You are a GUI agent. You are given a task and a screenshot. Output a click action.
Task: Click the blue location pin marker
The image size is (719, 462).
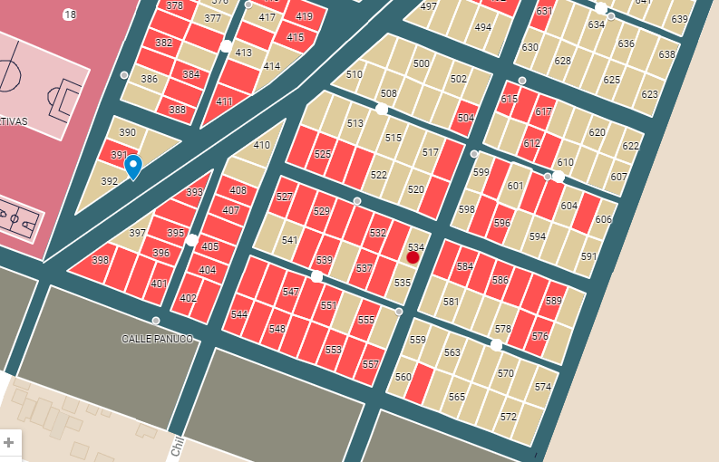coord(133,166)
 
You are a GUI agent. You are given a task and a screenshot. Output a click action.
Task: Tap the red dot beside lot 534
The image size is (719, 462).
coord(413,257)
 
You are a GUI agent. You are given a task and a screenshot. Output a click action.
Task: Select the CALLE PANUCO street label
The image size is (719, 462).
coord(157,339)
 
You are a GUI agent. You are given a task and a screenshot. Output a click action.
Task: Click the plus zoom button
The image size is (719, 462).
coord(9,442)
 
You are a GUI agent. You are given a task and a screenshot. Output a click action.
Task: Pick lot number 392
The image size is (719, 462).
coord(109,182)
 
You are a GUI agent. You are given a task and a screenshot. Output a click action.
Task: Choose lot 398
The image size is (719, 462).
coord(100,261)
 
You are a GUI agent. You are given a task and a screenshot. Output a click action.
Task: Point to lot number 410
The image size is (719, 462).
coord(261,146)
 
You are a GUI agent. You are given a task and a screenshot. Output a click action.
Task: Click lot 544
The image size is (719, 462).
coord(238,314)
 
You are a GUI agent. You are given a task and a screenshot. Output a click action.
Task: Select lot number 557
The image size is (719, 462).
coord(370,364)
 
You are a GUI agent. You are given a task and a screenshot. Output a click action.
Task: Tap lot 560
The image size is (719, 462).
coord(403,377)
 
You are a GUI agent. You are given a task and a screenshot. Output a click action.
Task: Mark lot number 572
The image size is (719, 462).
coord(508,417)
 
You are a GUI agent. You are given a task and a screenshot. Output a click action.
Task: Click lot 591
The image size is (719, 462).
coord(588,257)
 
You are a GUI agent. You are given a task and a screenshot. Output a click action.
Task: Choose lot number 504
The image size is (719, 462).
coord(466,119)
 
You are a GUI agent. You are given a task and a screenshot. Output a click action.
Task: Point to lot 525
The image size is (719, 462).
coord(323,155)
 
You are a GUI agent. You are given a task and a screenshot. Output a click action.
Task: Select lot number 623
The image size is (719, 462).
coord(649,95)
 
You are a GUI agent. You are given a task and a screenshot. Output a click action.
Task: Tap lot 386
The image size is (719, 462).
coord(149,80)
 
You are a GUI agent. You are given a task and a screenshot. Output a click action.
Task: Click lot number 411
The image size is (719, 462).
coord(224,101)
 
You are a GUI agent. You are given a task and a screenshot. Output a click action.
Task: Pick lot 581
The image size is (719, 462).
coord(451,302)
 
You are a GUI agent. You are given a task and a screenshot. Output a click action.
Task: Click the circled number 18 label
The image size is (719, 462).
coord(70,15)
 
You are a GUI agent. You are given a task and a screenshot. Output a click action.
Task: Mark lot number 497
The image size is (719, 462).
coord(428,7)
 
